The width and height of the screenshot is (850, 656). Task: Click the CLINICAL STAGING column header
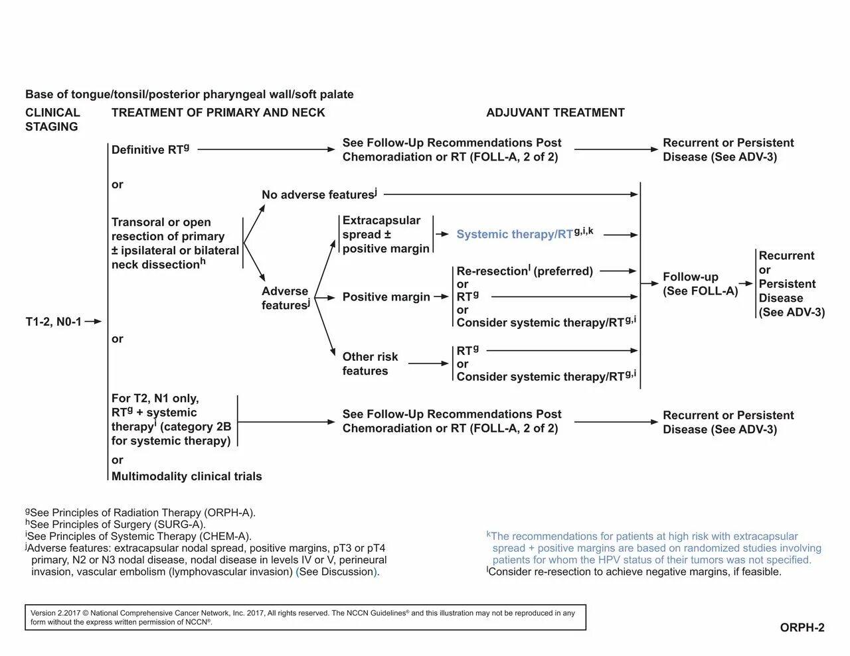coord(52,119)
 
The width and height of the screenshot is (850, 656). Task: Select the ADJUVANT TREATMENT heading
coord(555,113)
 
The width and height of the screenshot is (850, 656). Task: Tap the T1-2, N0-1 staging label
coord(53,322)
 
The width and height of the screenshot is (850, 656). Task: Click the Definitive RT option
coord(150,150)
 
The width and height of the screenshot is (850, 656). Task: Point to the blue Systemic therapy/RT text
coord(515,234)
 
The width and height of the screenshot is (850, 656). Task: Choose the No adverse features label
coord(319,194)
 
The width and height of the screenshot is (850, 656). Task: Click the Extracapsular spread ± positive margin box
coord(386,234)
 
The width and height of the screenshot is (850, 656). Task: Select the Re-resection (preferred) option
coord(525,271)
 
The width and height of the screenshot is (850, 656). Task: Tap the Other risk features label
coord(370,363)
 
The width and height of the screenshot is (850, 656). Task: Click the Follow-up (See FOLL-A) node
coord(700,284)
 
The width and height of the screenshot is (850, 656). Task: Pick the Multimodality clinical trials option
coord(187,476)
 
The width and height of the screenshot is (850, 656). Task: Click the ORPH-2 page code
coord(802,627)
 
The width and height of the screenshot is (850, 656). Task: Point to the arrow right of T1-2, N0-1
coord(94,322)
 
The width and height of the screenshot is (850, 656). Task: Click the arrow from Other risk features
coord(429,363)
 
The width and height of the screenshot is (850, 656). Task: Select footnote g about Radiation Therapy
coord(141,513)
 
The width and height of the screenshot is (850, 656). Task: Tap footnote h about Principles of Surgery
coord(116,525)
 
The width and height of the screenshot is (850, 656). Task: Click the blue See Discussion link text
coord(337,572)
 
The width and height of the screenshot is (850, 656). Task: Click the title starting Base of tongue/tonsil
coord(189,94)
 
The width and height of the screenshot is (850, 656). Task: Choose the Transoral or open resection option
coord(175,243)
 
